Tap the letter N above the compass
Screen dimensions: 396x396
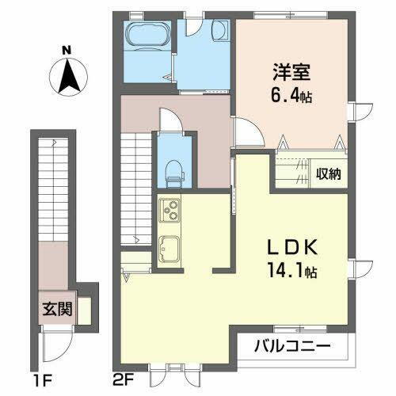[x=68, y=49]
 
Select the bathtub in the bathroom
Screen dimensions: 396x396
[x=147, y=36]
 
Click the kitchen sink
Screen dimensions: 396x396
[x=169, y=248]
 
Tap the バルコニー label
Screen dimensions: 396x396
[x=292, y=346]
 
